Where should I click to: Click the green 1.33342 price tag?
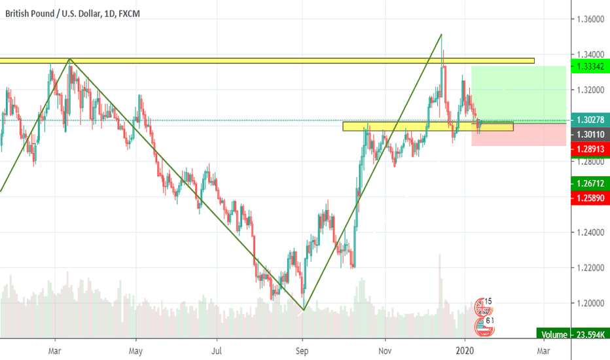590,67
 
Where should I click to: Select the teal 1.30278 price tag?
590,120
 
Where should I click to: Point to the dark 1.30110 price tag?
590,134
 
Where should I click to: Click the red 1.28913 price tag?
590,149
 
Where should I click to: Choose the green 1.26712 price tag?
590,183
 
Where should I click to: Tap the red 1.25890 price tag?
590,197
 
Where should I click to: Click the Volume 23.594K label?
573,334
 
